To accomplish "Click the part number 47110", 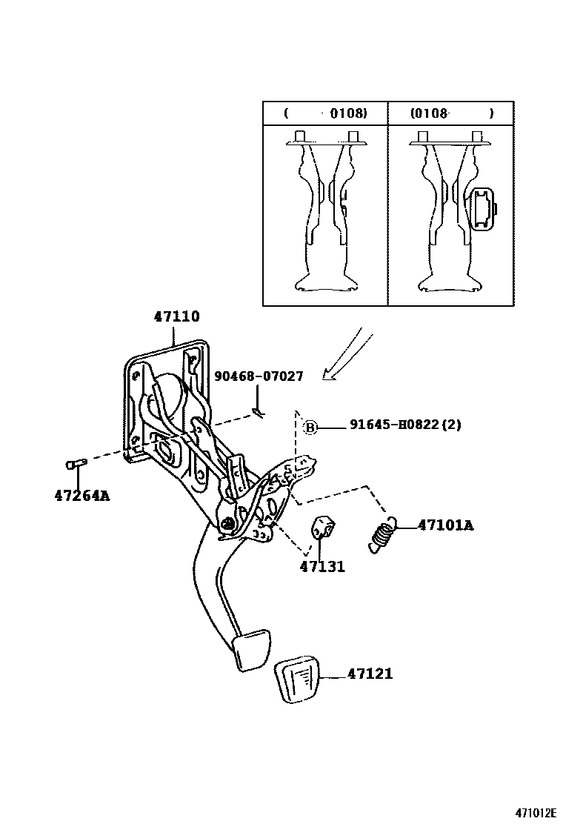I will tap(176, 316).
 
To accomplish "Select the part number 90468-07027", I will tap(259, 376).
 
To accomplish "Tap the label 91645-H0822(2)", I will tap(404, 426).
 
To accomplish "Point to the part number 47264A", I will tap(81, 495).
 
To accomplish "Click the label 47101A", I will tap(445, 525).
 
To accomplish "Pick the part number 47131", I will tap(322, 567).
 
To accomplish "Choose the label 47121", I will tap(369, 674).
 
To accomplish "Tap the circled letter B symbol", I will tap(311, 427).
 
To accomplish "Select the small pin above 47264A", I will tap(76, 464).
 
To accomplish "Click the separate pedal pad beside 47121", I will tap(302, 678).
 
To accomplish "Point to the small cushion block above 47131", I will tap(322, 526).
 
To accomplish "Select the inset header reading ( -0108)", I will tap(325, 113).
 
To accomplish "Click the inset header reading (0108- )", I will tap(451, 113).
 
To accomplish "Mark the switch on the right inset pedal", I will tap(482, 210).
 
